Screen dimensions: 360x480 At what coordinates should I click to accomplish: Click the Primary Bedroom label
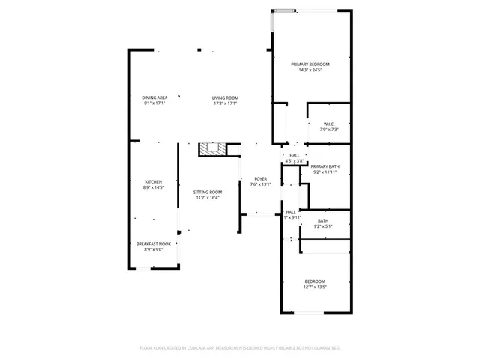pos(310,64)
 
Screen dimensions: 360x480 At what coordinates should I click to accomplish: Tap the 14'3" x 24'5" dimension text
pos(310,70)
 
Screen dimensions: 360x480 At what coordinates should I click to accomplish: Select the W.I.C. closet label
pos(329,124)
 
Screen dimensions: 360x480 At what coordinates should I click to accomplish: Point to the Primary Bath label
pos(325,166)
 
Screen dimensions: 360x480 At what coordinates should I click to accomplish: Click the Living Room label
pos(225,97)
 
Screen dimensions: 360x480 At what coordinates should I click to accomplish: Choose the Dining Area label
pos(154,97)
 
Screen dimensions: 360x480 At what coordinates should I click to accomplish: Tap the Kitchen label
pos(154,182)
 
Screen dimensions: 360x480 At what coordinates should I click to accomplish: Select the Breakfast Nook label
pos(154,244)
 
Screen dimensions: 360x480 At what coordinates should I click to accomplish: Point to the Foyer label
pos(260,179)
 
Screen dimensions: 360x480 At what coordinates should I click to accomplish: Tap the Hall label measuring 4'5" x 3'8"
pos(294,155)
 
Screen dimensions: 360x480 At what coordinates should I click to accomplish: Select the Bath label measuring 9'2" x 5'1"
pos(323,220)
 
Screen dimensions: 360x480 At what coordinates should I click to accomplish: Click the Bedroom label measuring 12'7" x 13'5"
pos(315,280)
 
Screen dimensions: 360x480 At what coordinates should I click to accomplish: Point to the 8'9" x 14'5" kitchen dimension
pos(154,187)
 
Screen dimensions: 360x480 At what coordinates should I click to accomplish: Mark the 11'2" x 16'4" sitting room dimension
pos(208,197)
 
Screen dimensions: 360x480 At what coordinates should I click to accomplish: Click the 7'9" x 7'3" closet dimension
pos(329,130)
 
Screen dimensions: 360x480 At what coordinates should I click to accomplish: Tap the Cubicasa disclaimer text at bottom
pos(240,348)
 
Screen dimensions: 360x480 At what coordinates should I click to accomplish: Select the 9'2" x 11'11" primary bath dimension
pos(325,172)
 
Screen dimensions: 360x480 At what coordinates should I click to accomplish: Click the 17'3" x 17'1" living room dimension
pos(225,103)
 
